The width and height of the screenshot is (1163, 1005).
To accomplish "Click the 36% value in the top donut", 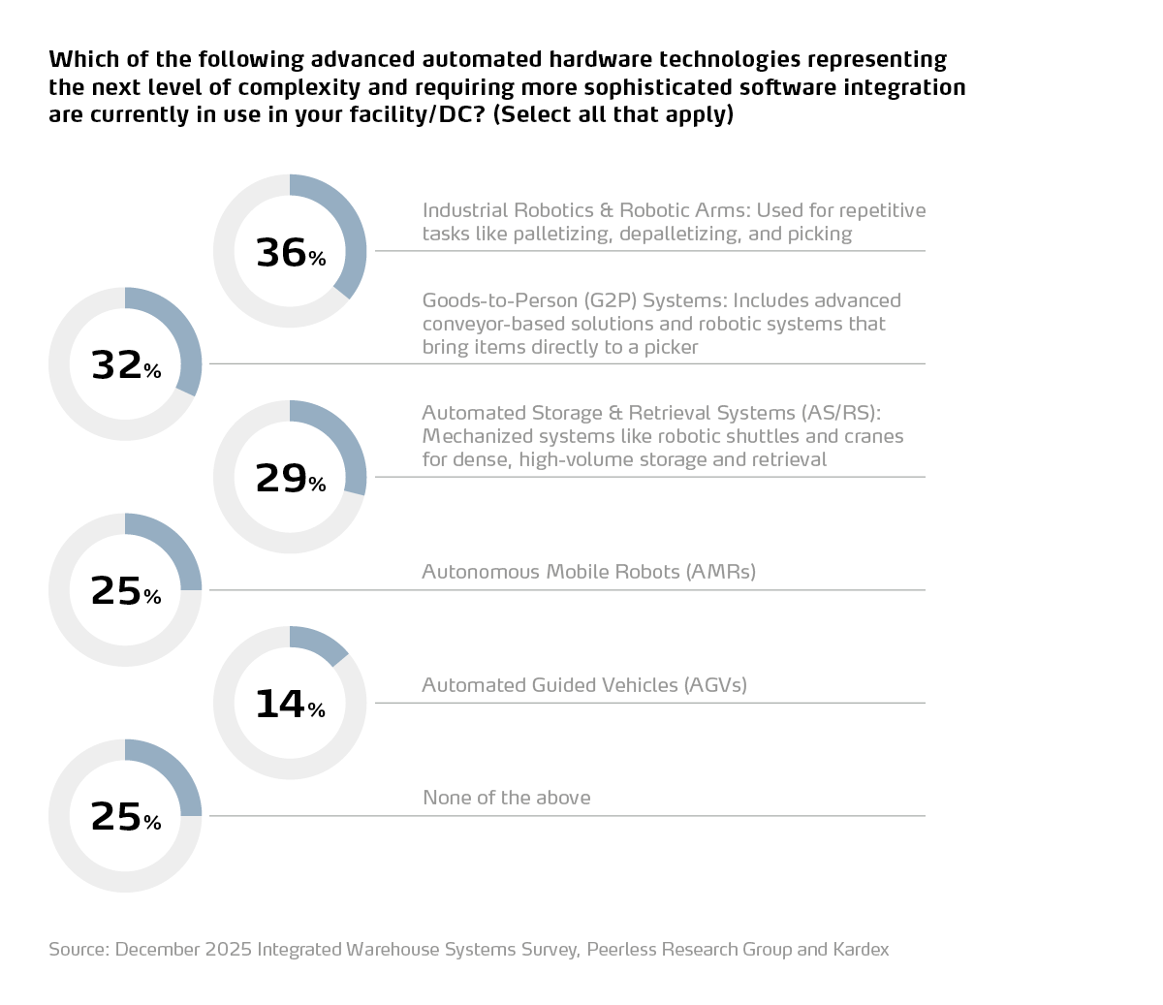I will pyautogui.click(x=290, y=253).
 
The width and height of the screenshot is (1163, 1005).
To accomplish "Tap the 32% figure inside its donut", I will pyautogui.click(x=125, y=365).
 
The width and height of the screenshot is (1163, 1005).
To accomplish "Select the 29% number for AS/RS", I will pyautogui.click(x=290, y=479).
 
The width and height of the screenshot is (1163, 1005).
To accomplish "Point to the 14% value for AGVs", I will pyautogui.click(x=290, y=705).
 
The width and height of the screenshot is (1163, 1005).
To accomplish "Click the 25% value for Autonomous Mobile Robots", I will pyautogui.click(x=125, y=591).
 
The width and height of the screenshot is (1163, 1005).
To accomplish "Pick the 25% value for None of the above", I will pyautogui.click(x=125, y=817).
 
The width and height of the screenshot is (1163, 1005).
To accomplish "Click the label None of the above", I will pyautogui.click(x=507, y=798).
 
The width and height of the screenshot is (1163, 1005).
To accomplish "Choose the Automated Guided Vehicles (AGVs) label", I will pyautogui.click(x=584, y=685).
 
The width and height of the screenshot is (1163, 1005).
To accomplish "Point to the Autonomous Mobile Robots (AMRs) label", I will pyautogui.click(x=588, y=572).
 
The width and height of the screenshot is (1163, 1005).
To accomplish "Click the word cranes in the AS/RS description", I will pyautogui.click(x=873, y=436).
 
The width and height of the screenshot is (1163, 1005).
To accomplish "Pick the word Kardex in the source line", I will pyautogui.click(x=861, y=950).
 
